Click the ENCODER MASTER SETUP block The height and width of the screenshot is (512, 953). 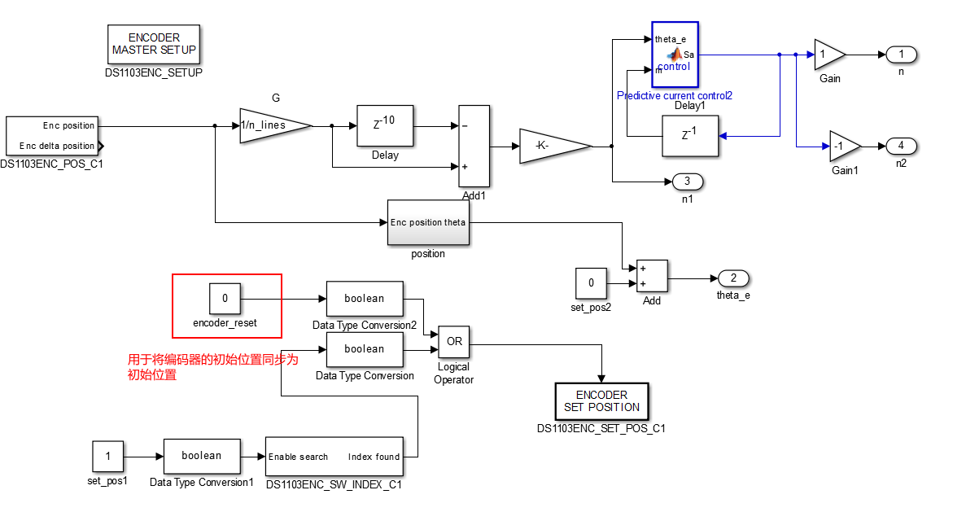click(154, 44)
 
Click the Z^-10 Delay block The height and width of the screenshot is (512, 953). click(385, 125)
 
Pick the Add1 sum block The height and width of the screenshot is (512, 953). click(474, 146)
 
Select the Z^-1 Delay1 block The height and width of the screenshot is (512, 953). click(689, 135)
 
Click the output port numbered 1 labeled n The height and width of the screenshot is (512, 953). click(901, 55)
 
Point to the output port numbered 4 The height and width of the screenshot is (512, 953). click(901, 146)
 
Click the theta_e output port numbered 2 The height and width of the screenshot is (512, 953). click(733, 278)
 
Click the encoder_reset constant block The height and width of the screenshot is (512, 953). click(225, 299)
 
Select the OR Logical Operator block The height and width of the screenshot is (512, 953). click(454, 341)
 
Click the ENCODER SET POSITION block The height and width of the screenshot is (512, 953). click(601, 401)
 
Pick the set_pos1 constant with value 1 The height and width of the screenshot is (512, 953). click(108, 457)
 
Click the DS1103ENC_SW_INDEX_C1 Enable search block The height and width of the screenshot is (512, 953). click(334, 457)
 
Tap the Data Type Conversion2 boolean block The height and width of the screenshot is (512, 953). click(365, 299)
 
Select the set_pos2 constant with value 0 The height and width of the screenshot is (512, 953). click(592, 283)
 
